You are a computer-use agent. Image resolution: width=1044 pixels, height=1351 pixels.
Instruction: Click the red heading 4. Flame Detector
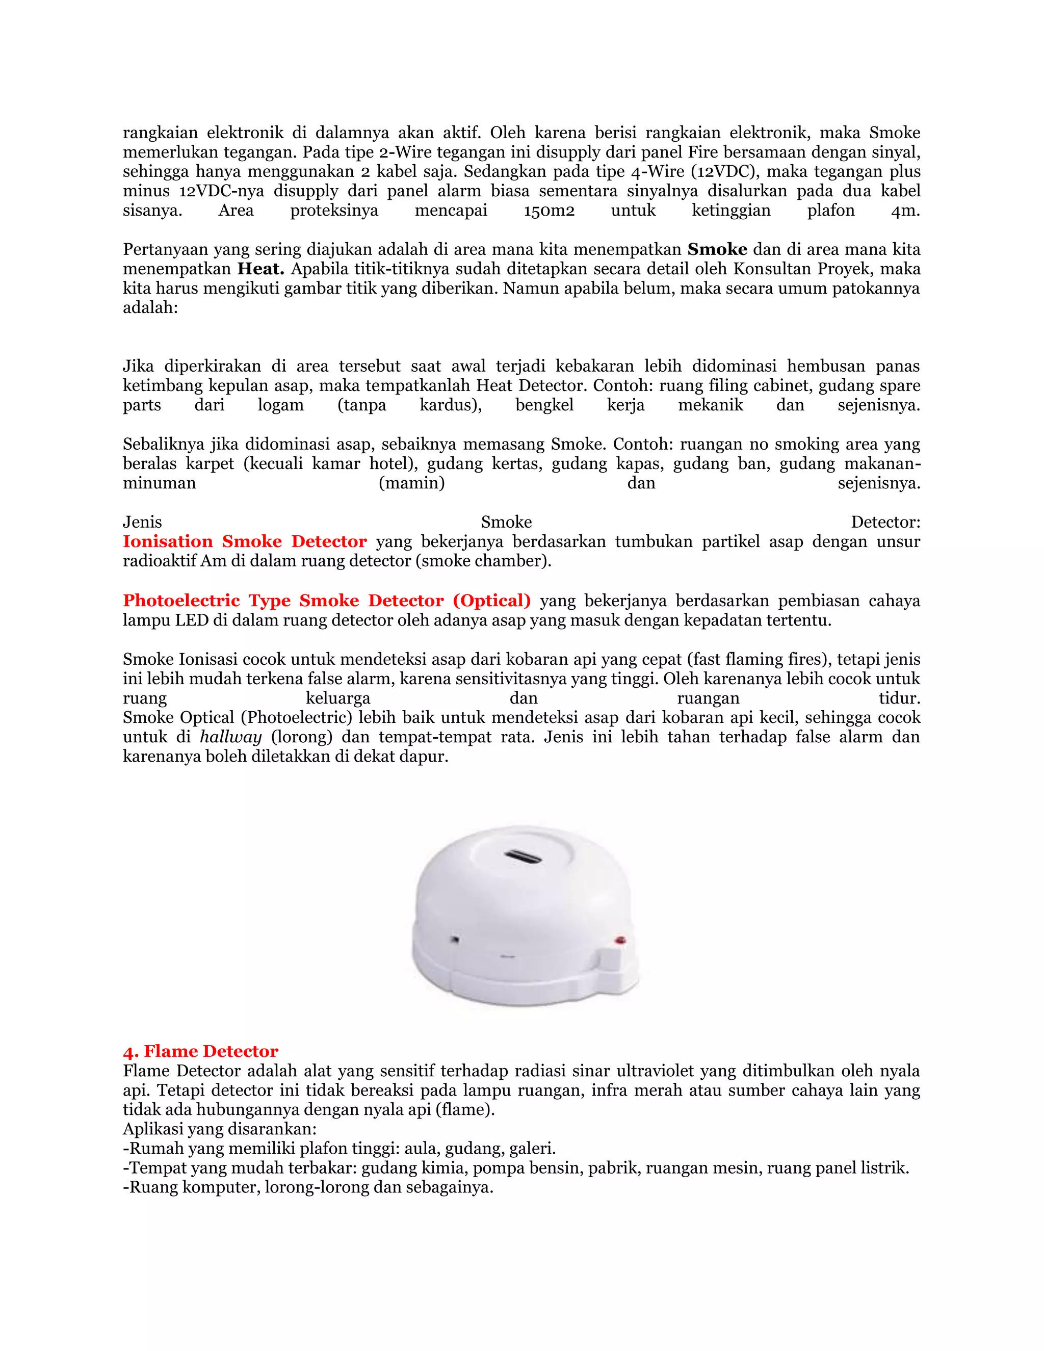(200, 1051)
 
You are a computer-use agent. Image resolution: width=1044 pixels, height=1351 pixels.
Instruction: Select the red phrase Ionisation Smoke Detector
(244, 541)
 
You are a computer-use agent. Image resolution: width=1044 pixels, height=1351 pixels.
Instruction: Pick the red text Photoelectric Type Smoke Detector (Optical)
(327, 600)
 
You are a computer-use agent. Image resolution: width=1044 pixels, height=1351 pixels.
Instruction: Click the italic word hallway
(231, 737)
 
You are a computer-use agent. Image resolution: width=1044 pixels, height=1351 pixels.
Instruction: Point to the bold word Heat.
(261, 269)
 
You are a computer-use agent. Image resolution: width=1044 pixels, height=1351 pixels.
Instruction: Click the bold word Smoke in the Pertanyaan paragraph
(717, 249)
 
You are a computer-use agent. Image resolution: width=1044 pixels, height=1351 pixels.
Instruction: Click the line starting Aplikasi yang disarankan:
(220, 1129)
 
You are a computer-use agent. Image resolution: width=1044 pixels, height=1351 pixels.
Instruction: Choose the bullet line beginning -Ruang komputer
(307, 1187)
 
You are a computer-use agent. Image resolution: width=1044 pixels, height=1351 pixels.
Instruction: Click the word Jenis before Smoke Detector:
(142, 522)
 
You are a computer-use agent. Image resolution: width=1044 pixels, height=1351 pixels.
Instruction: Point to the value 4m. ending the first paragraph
(905, 211)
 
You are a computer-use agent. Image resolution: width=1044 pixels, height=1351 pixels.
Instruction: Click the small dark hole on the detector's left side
(455, 939)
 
